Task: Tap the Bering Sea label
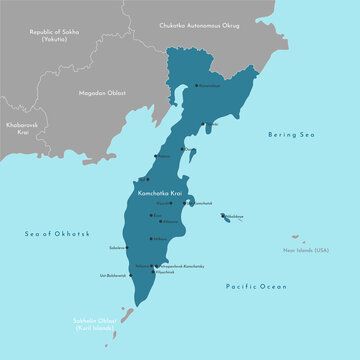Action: [290, 134]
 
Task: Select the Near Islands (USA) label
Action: [306, 250]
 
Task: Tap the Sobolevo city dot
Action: [127, 246]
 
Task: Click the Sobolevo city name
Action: [115, 246]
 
